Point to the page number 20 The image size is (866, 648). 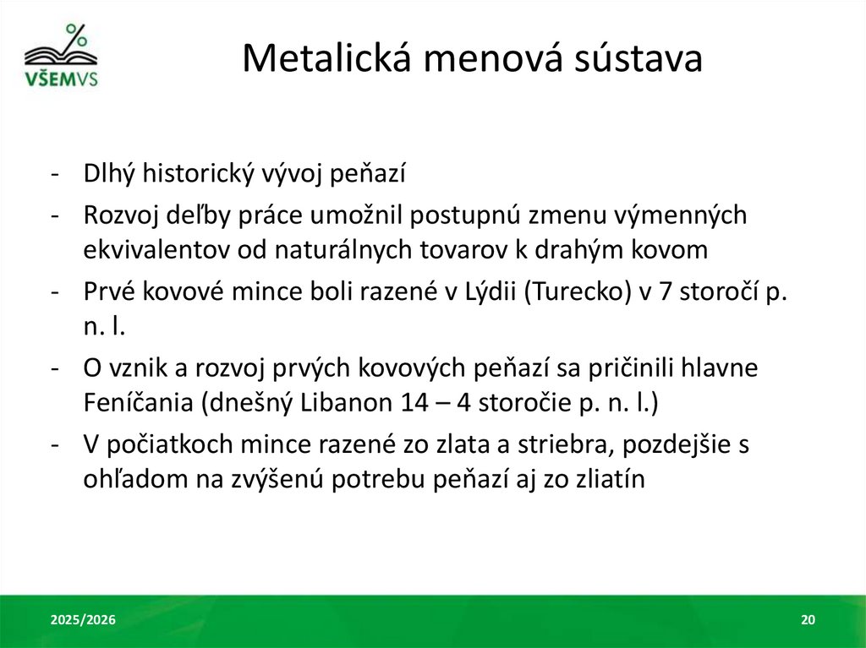coord(808,621)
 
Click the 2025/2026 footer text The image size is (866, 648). coord(83,621)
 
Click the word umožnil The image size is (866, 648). coord(337,215)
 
